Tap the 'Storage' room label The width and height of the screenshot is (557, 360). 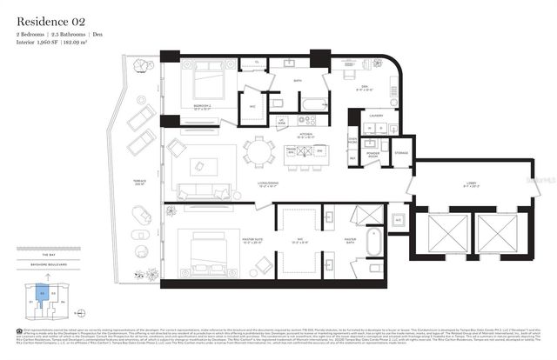(400, 153)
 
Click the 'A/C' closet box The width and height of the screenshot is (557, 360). (397, 220)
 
